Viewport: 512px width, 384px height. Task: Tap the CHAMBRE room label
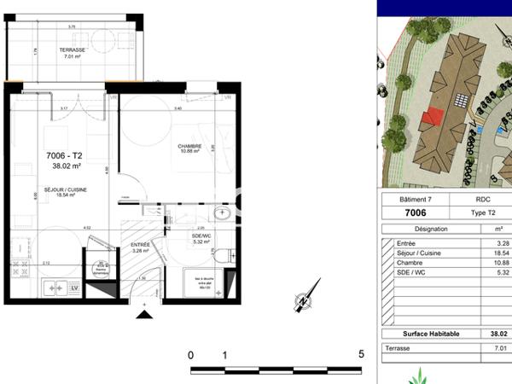point(189,146)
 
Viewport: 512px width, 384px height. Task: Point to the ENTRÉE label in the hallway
point(139,245)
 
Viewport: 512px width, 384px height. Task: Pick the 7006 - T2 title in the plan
point(64,156)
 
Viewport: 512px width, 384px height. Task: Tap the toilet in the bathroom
point(224,255)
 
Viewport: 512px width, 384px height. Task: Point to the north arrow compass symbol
point(301,302)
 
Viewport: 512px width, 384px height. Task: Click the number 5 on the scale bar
point(361,354)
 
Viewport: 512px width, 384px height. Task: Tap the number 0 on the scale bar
point(191,354)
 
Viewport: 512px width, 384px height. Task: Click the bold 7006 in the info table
point(415,213)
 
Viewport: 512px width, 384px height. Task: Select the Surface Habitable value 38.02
point(497,335)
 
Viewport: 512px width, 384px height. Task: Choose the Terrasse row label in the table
point(397,348)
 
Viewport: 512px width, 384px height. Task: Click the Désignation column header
point(430,230)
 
